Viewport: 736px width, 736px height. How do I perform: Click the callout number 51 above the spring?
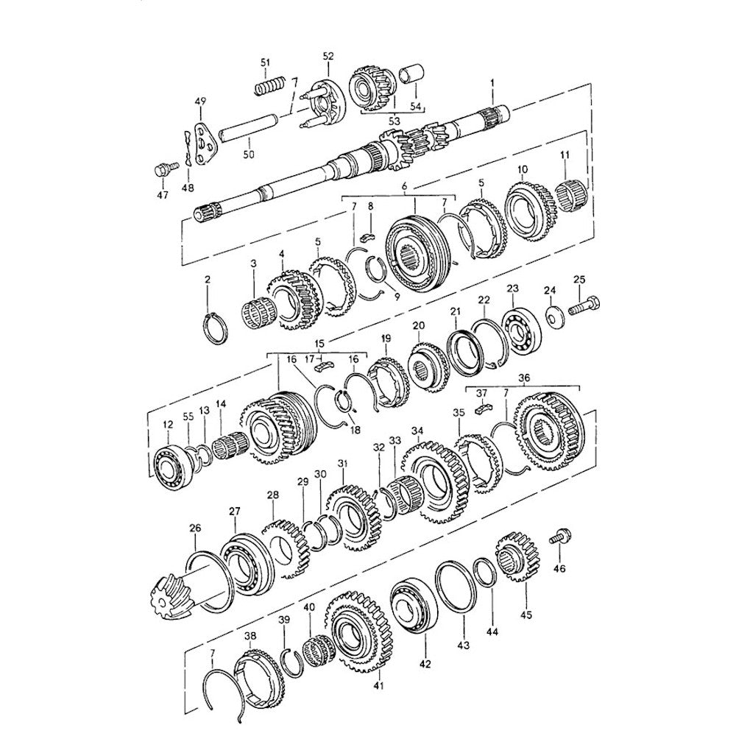[x=266, y=63]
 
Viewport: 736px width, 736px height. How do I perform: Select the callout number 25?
[x=579, y=280]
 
